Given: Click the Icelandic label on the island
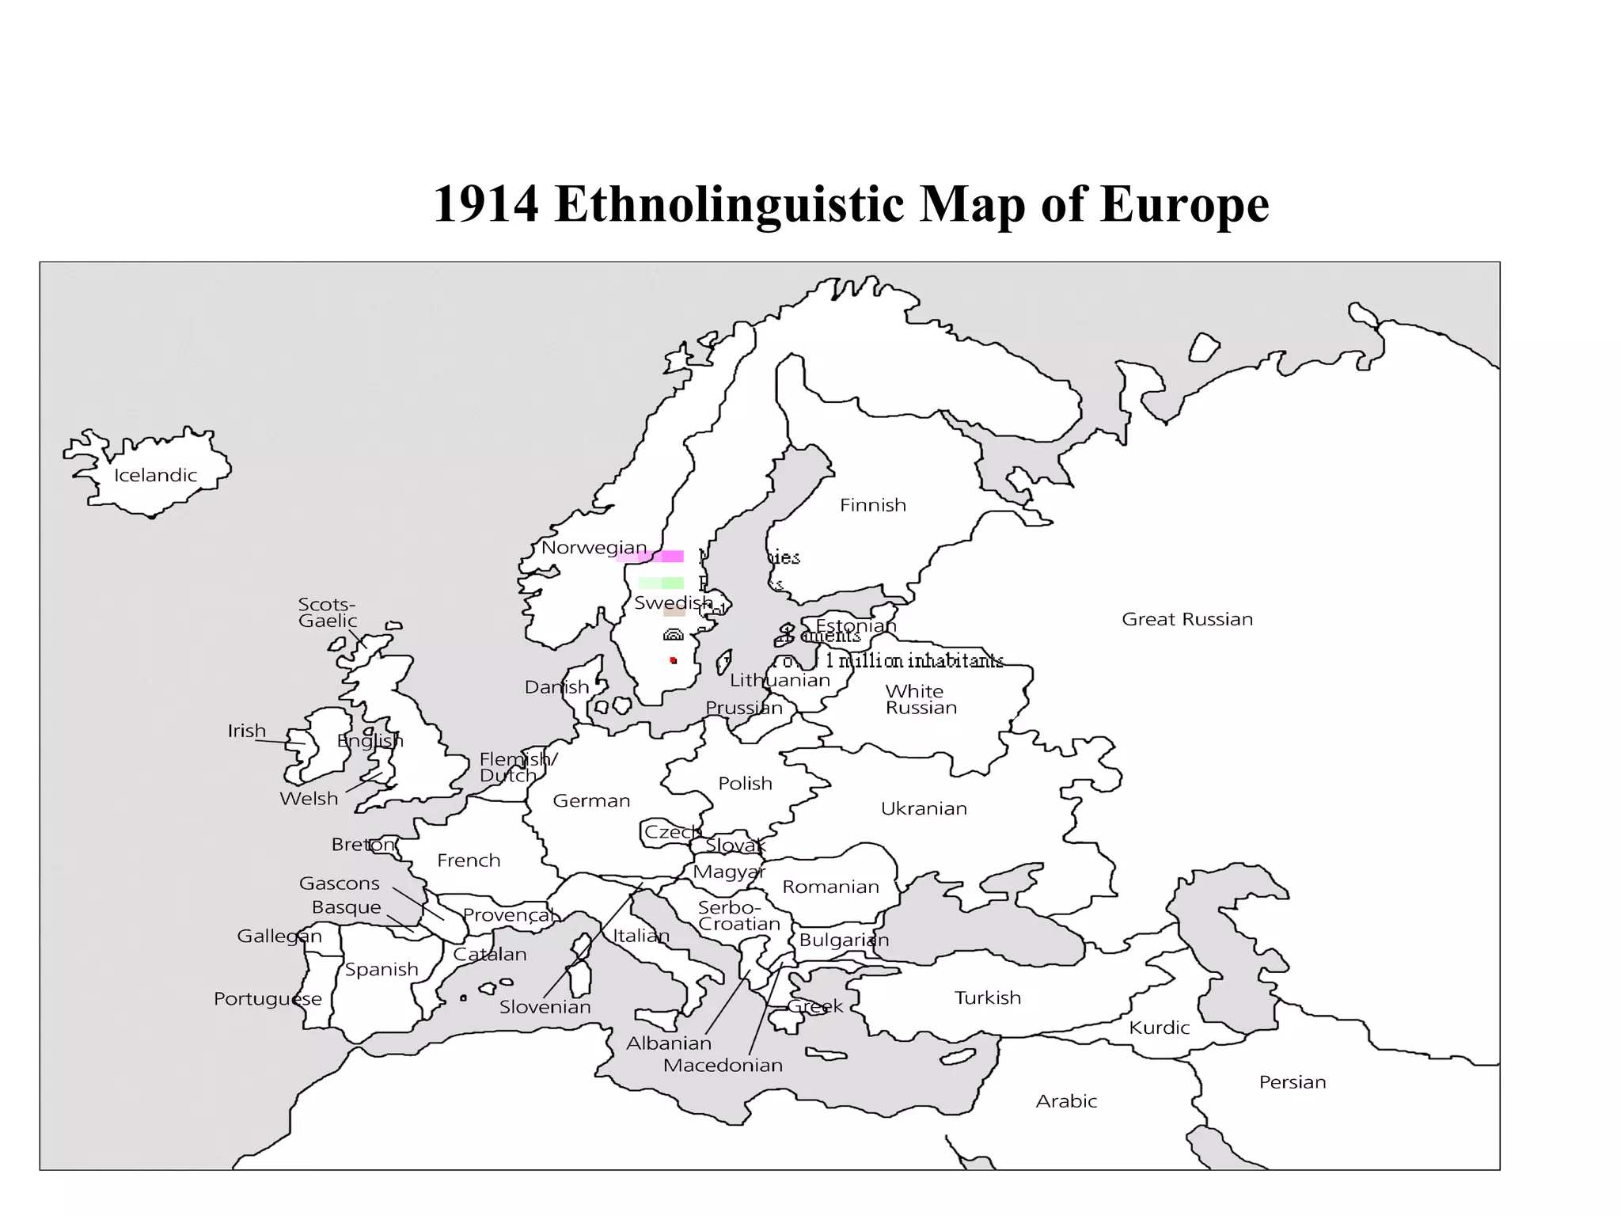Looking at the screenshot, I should [x=155, y=475].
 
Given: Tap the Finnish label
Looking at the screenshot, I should [x=872, y=505].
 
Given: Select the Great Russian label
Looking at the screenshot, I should [x=1186, y=619].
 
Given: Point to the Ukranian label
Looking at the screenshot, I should [x=924, y=808].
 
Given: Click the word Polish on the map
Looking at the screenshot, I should [x=745, y=783].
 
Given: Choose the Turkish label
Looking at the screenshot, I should [x=987, y=997].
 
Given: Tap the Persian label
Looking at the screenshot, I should [x=1292, y=1082].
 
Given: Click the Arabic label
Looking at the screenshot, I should [x=1066, y=1101].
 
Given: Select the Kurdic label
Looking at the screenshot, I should [x=1159, y=1028].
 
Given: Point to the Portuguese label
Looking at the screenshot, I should [x=268, y=999].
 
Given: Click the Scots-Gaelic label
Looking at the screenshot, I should [x=327, y=613].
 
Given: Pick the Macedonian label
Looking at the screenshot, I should [x=723, y=1066].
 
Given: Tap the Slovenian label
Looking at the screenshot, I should [x=545, y=1007].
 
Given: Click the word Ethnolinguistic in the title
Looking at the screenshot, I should [x=728, y=204].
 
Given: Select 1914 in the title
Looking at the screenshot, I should [x=486, y=204].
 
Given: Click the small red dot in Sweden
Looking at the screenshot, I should [x=673, y=660].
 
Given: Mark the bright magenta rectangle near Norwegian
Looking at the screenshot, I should [x=672, y=557].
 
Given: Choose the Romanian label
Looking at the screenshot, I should [x=830, y=887].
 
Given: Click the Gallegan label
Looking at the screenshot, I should [x=279, y=937].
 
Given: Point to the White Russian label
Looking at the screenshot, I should [x=920, y=699].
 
